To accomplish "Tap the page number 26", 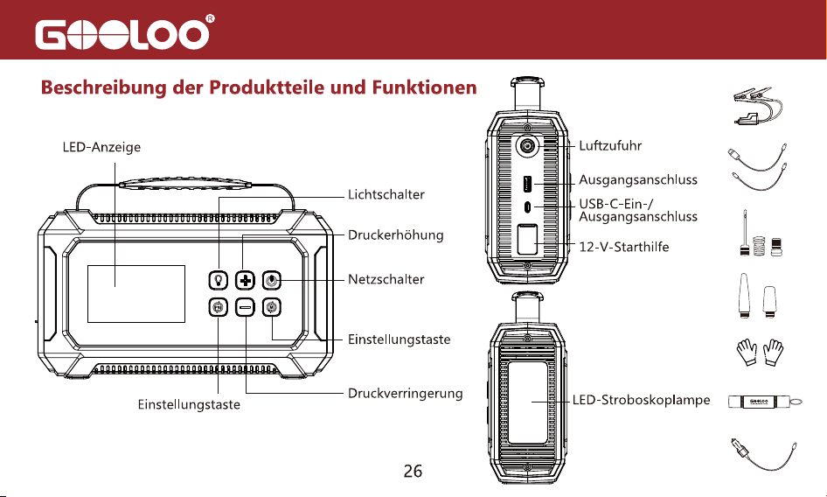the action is tap(413, 471).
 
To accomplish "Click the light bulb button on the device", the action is tap(218, 281).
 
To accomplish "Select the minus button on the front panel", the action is tap(245, 307).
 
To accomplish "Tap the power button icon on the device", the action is tap(271, 281).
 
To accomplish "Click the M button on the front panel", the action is tap(271, 307).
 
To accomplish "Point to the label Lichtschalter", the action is tap(386, 195).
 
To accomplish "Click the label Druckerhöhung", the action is tap(395, 235).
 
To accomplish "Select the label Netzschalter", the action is tap(386, 279).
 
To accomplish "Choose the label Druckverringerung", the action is tap(405, 394).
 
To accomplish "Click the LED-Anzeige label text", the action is tap(101, 147).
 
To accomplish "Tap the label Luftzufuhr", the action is tap(610, 145).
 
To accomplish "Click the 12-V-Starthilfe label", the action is tap(624, 247).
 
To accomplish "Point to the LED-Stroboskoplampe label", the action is tap(642, 401).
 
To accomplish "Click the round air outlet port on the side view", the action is tap(527, 146).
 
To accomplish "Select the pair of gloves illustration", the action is tap(760, 353).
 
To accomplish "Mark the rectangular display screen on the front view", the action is tap(136, 294).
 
